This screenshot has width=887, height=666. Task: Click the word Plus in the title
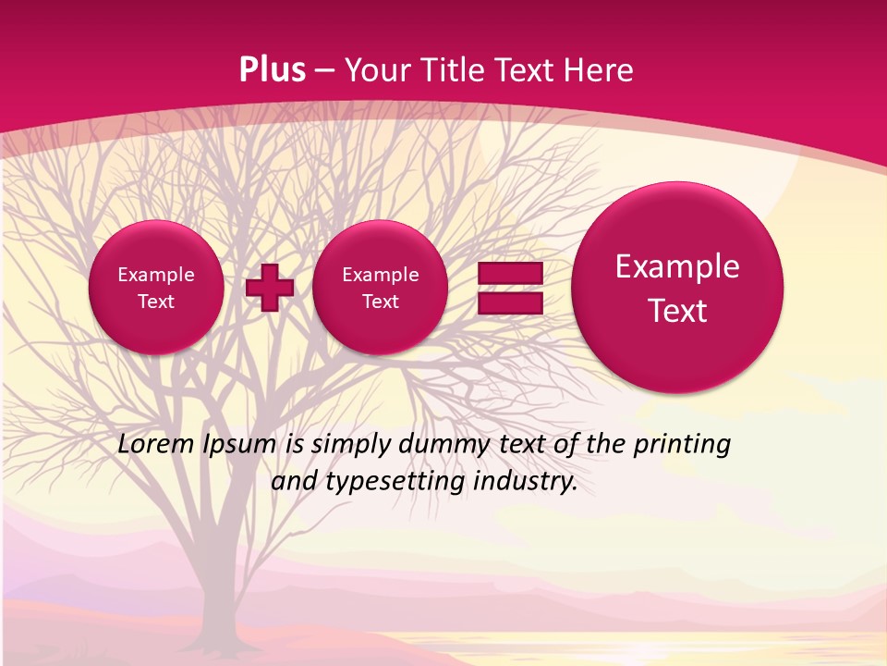click(272, 70)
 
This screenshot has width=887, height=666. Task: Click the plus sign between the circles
click(269, 287)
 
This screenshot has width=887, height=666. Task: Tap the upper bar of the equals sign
click(509, 274)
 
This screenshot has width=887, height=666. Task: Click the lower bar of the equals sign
click(509, 303)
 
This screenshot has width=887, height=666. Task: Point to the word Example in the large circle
click(677, 266)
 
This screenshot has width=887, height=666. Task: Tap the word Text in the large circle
click(677, 311)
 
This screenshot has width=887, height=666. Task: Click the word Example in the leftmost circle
click(156, 275)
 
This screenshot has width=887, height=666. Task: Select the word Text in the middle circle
click(380, 302)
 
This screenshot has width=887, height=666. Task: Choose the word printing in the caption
click(684, 444)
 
